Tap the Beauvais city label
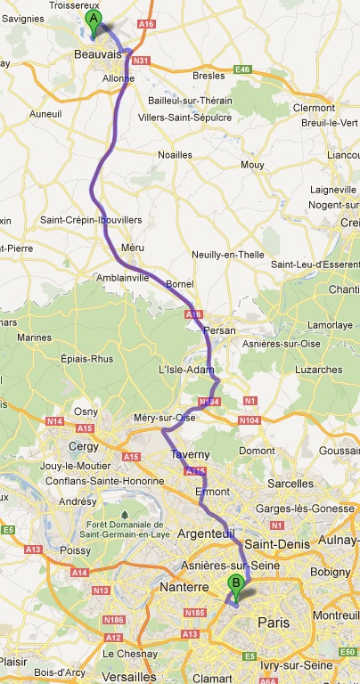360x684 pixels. (99, 55)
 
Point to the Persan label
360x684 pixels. (219, 330)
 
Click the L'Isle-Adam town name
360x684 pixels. (182, 370)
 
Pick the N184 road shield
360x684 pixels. (209, 403)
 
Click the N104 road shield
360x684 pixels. (249, 419)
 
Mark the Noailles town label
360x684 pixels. (175, 155)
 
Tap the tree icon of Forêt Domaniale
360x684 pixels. (125, 515)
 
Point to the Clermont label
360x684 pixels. (319, 108)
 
